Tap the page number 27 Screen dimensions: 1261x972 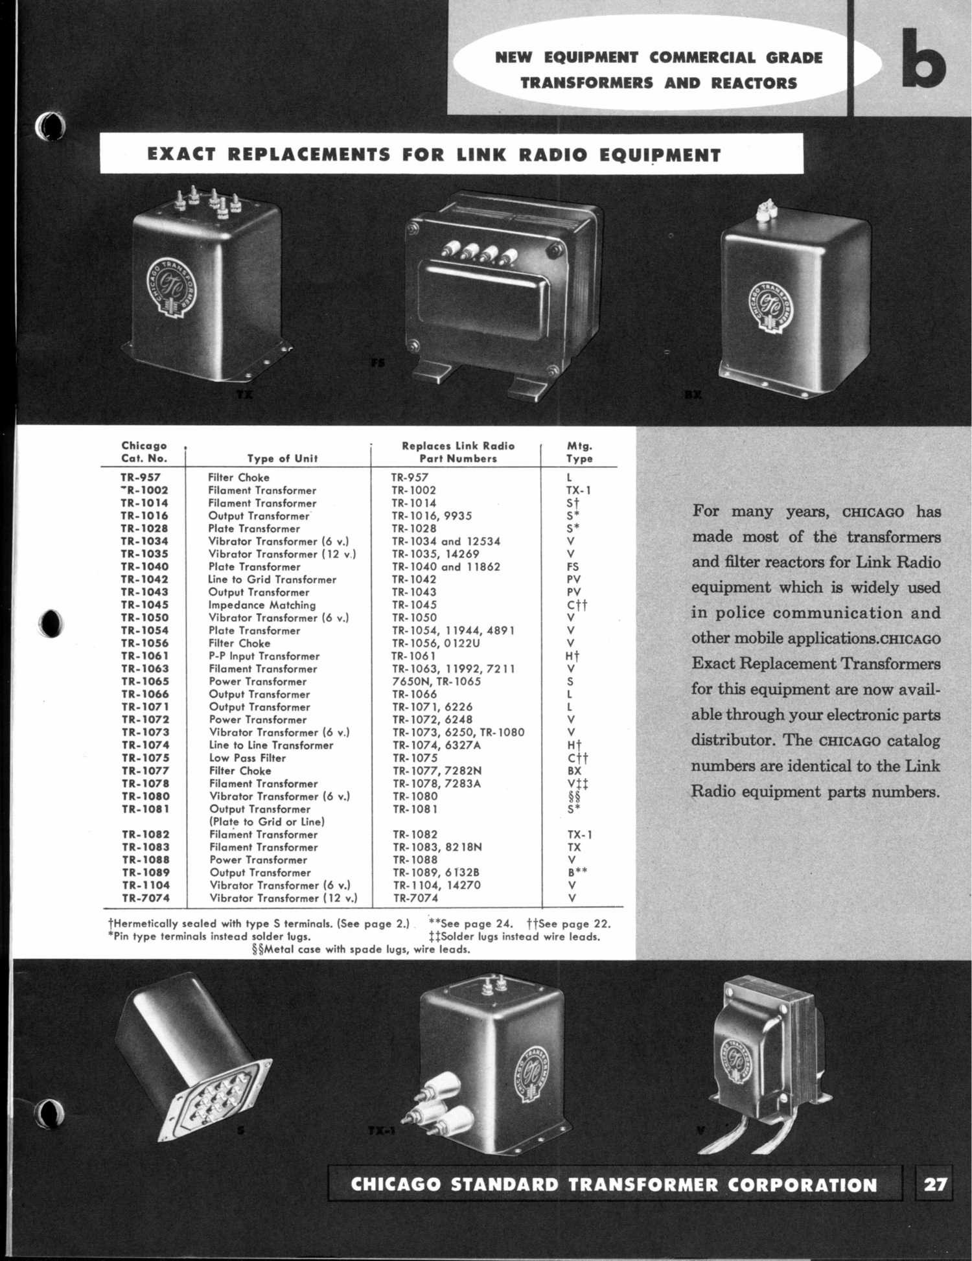935,1185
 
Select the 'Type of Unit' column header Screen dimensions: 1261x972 282,459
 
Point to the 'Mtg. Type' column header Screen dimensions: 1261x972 579,452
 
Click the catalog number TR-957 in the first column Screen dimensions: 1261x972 141,478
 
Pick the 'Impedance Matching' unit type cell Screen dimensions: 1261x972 262,605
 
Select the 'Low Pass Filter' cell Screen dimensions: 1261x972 247,758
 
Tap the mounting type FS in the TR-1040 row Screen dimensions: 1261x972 573,567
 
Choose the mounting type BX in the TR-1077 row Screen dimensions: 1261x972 574,771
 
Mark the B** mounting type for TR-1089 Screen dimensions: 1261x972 577,873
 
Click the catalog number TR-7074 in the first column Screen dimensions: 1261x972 145,898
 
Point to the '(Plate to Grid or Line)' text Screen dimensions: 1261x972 267,822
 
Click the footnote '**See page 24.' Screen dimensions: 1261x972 470,924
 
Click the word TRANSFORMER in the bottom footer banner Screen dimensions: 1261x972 643,1185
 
